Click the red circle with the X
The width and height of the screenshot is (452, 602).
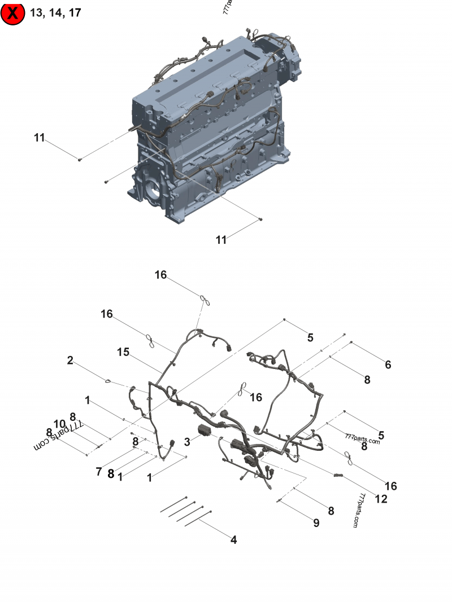click(12, 14)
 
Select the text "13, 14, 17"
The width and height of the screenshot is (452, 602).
click(55, 13)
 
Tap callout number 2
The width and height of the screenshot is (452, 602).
click(70, 360)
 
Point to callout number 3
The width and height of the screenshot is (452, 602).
click(187, 442)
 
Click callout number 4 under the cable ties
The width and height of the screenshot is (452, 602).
click(234, 540)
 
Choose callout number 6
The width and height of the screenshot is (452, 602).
click(388, 364)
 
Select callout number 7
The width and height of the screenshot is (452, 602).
click(99, 472)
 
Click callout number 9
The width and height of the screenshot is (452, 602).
click(316, 523)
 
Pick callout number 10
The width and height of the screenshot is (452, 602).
click(59, 424)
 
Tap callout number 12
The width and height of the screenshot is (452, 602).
click(381, 499)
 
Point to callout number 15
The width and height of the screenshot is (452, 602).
click(123, 352)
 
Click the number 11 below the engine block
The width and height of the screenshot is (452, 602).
click(221, 240)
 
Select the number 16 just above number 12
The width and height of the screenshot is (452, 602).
click(391, 486)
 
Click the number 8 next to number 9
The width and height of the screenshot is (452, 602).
click(331, 511)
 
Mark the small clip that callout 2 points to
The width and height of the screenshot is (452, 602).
click(108, 381)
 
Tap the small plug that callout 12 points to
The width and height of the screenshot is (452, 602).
click(338, 476)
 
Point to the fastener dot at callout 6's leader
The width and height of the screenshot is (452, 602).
click(351, 342)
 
